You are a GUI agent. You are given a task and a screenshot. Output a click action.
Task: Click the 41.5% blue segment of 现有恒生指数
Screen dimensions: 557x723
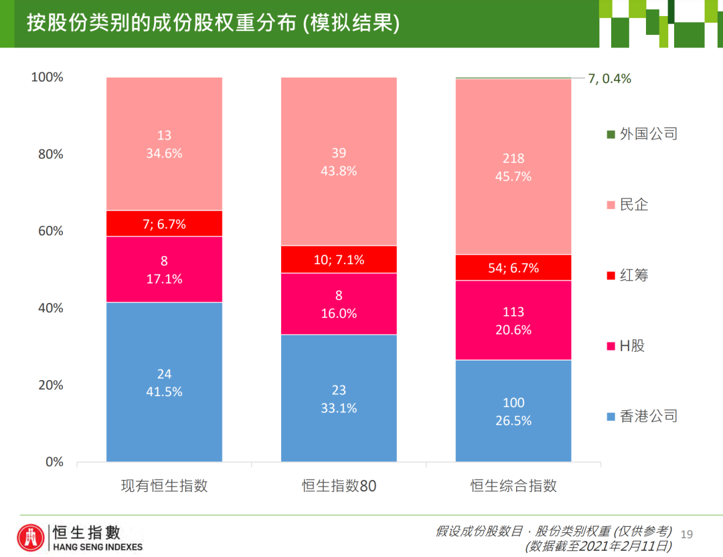click(164, 381)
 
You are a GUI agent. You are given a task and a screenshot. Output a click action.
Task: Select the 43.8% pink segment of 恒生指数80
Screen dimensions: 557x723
click(339, 162)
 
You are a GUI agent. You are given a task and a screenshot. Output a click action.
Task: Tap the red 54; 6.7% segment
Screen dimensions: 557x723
click(513, 267)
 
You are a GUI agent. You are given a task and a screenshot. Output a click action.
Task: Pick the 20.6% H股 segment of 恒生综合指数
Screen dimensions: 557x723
click(513, 320)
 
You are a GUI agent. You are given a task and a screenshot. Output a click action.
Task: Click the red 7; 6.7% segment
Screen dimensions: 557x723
click(164, 224)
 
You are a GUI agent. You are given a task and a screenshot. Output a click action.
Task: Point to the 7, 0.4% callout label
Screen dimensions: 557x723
click(609, 78)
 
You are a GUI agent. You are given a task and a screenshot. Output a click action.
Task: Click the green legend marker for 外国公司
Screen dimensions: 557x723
click(611, 134)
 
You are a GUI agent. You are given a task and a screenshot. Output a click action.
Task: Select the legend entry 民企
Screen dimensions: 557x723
click(634, 204)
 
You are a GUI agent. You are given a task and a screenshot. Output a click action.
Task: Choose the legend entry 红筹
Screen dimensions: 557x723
click(634, 275)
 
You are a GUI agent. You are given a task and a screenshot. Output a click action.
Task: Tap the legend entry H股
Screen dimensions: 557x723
click(632, 346)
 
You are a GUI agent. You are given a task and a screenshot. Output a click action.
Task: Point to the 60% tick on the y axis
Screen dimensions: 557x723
click(50, 231)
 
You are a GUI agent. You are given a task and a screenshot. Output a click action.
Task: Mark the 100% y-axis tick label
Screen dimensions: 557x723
click(48, 77)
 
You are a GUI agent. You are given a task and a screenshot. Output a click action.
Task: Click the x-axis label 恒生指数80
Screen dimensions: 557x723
click(339, 486)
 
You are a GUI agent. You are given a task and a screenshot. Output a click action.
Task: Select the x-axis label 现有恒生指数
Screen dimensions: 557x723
click(164, 486)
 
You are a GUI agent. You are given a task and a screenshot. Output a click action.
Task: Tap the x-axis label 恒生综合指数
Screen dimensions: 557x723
click(513, 486)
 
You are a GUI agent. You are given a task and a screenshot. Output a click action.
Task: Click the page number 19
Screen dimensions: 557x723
click(686, 534)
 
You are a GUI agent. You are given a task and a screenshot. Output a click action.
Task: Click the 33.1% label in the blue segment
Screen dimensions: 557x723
click(339, 408)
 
